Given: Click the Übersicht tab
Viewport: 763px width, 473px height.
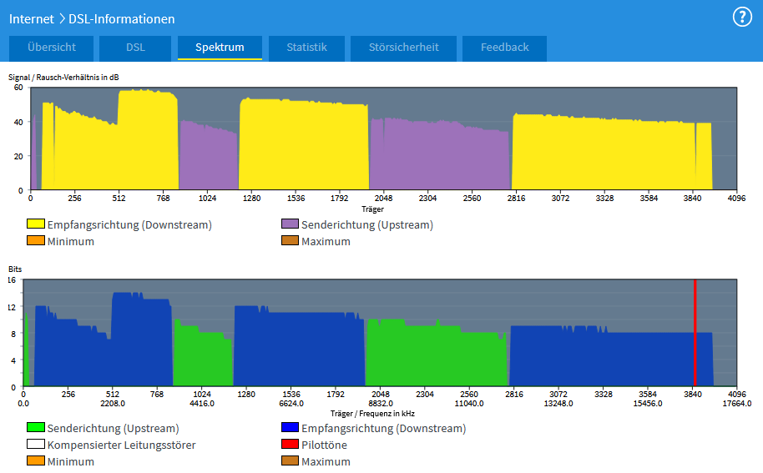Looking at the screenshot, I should (52, 48).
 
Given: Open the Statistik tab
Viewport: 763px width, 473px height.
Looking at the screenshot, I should (306, 48).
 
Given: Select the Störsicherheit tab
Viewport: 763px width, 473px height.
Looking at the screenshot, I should (403, 48).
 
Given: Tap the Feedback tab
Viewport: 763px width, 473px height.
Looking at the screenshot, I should (504, 48).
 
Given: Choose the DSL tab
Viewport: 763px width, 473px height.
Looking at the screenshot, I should (135, 48).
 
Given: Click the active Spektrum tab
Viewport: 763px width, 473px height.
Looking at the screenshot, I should (220, 48).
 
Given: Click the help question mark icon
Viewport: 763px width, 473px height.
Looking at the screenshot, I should (742, 17).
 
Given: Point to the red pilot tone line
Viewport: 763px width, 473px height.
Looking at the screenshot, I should (695, 334).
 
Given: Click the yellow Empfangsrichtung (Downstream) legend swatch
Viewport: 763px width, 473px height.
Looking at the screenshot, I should (36, 224).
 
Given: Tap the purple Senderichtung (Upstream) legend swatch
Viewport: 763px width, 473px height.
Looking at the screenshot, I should (290, 224).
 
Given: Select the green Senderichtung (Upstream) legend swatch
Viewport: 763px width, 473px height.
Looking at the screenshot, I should (36, 428).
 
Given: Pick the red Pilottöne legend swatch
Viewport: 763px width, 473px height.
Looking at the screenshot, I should (290, 445).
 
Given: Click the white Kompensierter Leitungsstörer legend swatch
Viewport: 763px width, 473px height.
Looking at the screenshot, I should (36, 445).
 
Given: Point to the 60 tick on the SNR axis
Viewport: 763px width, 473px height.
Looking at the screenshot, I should (18, 88).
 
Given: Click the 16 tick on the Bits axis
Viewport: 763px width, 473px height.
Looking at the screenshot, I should (12, 280).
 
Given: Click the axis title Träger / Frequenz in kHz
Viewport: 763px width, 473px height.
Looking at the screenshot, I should (372, 413).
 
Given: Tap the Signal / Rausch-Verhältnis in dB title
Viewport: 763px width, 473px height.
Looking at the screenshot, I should (63, 77).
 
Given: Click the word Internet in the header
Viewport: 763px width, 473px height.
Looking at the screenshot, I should (32, 18).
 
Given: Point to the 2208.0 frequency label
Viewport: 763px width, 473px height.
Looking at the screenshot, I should (112, 403).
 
